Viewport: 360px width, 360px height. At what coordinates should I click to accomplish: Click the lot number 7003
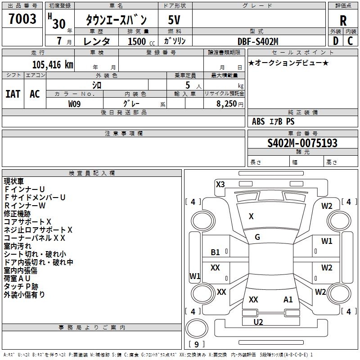click(22, 19)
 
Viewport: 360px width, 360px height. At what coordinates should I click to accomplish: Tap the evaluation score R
click(343, 20)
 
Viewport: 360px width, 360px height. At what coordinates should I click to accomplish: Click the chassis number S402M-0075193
click(302, 143)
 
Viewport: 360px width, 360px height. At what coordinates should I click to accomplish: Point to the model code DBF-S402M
click(258, 41)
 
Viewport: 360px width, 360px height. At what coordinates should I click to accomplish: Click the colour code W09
click(75, 104)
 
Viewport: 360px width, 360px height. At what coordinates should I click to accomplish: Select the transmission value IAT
click(13, 94)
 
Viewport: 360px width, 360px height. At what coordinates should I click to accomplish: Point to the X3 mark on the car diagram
click(220, 184)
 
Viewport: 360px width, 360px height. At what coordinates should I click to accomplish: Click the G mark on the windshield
click(257, 237)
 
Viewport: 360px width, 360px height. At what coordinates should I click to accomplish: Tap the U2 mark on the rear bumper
click(258, 322)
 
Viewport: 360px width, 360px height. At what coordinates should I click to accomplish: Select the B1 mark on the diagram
click(216, 252)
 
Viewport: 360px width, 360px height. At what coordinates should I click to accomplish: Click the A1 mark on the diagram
click(288, 299)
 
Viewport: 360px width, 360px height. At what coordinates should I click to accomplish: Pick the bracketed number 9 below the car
click(196, 344)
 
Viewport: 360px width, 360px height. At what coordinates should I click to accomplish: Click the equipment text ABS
click(258, 121)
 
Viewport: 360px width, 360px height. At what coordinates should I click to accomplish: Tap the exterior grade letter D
click(335, 41)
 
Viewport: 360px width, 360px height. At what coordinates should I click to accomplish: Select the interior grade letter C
click(351, 41)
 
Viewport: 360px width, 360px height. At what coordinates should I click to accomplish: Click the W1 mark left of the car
click(195, 276)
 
